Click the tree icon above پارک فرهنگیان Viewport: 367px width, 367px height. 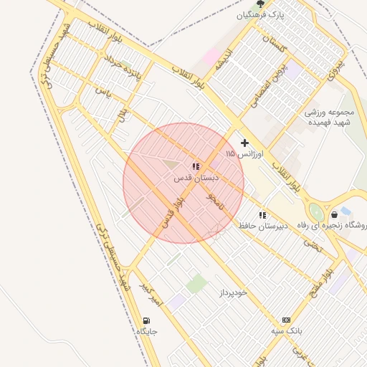pos(260,4)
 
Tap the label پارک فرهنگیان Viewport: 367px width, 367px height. pos(261,14)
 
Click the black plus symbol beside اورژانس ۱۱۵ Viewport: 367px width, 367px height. pos(245,143)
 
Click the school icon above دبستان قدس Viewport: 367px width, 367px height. pos(196,167)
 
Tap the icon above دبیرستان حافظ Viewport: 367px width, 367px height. pos(262,215)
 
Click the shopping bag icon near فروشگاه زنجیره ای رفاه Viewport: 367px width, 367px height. pos(335,214)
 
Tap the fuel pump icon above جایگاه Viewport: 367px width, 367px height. pos(147,320)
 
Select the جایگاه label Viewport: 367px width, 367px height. pos(146,332)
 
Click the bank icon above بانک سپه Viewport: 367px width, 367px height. pos(287,320)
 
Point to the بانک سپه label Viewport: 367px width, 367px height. pos(287,330)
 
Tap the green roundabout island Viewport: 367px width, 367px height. pos(315,211)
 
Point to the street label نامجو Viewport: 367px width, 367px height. pos(215,200)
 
